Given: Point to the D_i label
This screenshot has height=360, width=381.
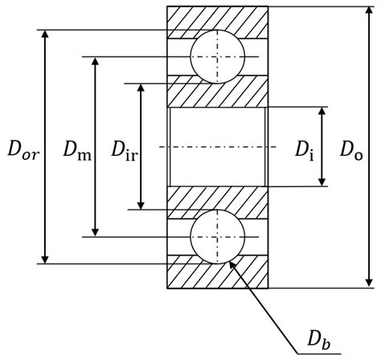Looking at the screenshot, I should coord(303,149).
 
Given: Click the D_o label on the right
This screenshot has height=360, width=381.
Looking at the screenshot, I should coord(350,149).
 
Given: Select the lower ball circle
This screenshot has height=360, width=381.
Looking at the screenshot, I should coord(216,237).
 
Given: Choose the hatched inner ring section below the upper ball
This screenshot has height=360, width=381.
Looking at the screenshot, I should coord(216,92).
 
